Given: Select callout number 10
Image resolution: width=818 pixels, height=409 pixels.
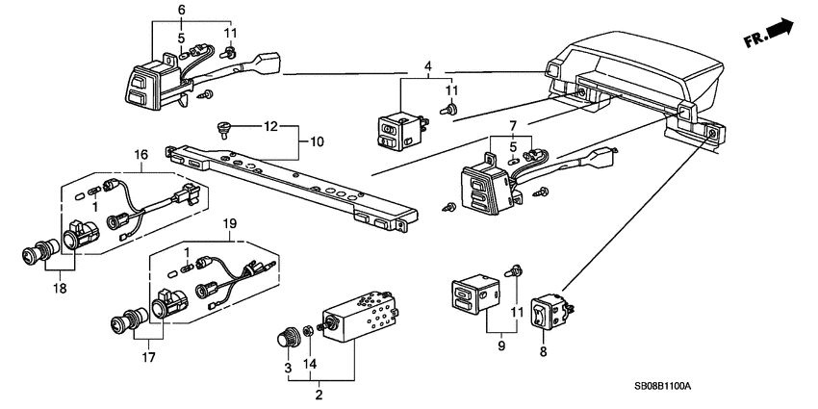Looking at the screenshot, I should pyautogui.click(x=317, y=142).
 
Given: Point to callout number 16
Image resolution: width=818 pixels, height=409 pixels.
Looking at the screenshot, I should pyautogui.click(x=141, y=154).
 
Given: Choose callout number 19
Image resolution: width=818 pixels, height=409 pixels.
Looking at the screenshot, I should pyautogui.click(x=230, y=223).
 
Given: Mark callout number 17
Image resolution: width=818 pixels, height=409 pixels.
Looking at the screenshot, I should pyautogui.click(x=146, y=358).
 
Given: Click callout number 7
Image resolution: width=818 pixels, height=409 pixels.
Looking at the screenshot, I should pyautogui.click(x=512, y=126).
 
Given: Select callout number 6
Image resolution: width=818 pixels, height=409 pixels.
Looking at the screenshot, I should pyautogui.click(x=181, y=9).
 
